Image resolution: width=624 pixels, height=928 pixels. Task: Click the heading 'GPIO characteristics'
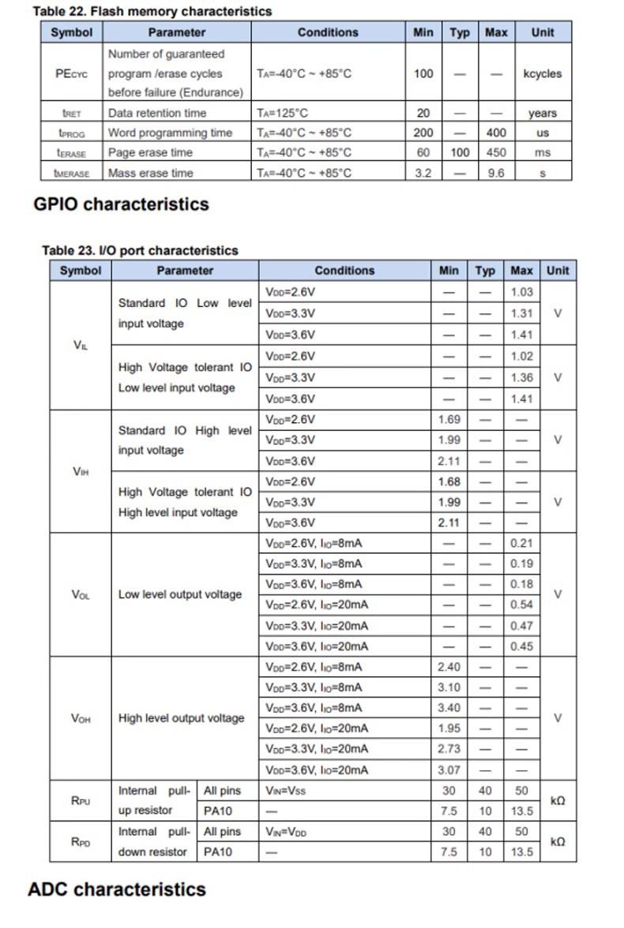pyautogui.click(x=121, y=204)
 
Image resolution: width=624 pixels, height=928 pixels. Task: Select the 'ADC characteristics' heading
pyautogui.click(x=117, y=889)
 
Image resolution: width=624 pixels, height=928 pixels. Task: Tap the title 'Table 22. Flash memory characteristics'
pyautogui.click(x=152, y=11)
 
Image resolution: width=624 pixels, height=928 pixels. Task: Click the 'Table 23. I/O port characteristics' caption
pyautogui.click(x=140, y=250)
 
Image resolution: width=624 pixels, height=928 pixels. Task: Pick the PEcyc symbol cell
pyautogui.click(x=72, y=73)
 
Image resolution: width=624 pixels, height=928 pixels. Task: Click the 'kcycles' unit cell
pyautogui.click(x=542, y=73)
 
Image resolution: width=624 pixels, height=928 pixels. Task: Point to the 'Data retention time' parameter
pyautogui.click(x=157, y=113)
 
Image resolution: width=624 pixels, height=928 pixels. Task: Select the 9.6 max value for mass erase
pyautogui.click(x=496, y=173)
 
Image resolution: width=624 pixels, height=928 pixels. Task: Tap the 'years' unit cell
pyautogui.click(x=542, y=113)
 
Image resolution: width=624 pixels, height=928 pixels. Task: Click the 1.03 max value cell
pyautogui.click(x=521, y=292)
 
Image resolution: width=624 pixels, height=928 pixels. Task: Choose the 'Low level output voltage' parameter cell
pyautogui.click(x=180, y=594)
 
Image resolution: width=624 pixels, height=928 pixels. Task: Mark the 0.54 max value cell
pyautogui.click(x=521, y=604)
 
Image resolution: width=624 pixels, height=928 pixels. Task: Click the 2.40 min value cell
pyautogui.click(x=449, y=667)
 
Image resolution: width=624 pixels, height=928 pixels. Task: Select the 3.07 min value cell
pyautogui.click(x=449, y=769)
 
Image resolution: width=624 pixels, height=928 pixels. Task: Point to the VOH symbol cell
pyautogui.click(x=81, y=718)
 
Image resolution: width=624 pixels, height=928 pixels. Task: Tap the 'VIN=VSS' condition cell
pyautogui.click(x=286, y=791)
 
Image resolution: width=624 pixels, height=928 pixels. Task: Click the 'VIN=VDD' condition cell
pyautogui.click(x=286, y=832)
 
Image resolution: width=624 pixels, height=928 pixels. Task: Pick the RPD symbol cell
pyautogui.click(x=81, y=841)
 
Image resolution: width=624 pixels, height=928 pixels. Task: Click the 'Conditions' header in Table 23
pyautogui.click(x=344, y=270)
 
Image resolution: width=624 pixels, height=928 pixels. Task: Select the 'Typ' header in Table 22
pyautogui.click(x=459, y=32)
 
